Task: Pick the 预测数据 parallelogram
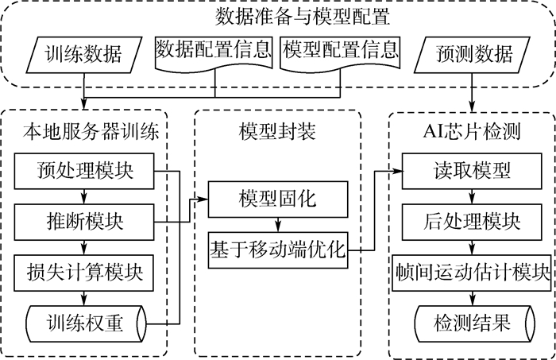click(474, 53)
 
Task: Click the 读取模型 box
click(474, 171)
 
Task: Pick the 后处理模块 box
click(474, 218)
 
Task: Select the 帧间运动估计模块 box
click(474, 271)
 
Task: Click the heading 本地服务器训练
click(87, 130)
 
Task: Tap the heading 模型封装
click(278, 130)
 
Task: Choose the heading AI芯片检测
click(474, 130)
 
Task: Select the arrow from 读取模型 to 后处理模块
click(474, 195)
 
